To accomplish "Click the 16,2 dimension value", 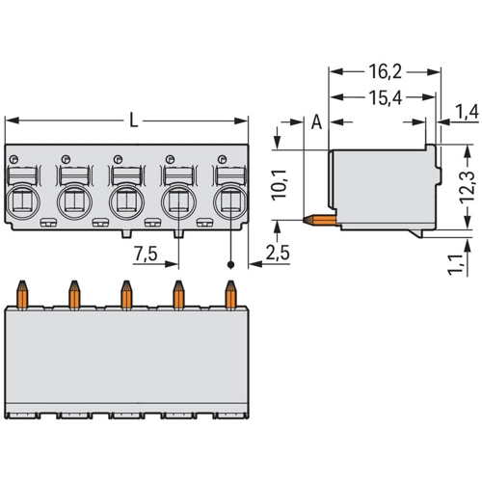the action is click(385, 71).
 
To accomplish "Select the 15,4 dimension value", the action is click(385, 97).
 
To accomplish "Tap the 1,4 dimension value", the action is click(467, 112).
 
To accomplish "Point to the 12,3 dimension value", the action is click(467, 186).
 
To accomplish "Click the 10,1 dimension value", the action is click(279, 185).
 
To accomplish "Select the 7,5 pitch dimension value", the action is click(146, 254).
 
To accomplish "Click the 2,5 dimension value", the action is click(278, 253).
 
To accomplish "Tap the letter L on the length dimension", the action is click(133, 120).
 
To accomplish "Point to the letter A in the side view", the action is click(316, 122).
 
